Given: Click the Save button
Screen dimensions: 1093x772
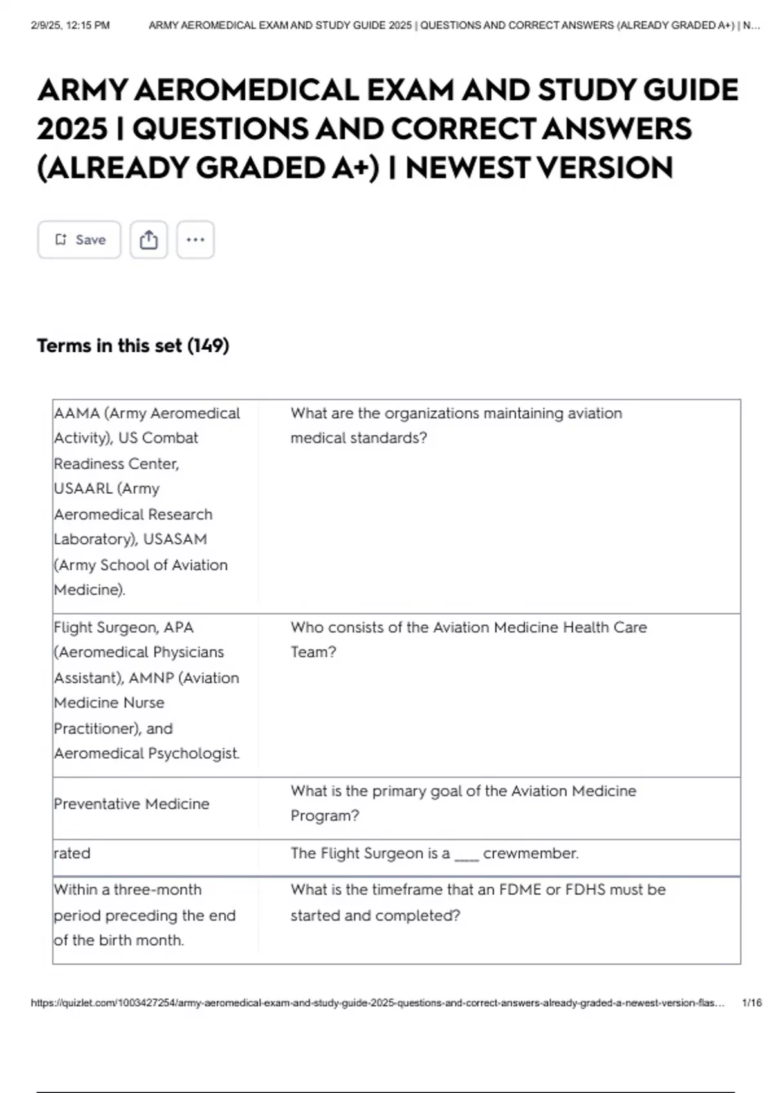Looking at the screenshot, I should (79, 240).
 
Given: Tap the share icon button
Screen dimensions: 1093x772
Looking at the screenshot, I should (149, 240).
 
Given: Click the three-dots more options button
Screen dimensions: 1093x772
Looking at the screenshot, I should (195, 240).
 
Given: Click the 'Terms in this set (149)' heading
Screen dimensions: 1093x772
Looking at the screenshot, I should (133, 346).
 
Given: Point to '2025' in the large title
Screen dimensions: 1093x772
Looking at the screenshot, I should (71, 129).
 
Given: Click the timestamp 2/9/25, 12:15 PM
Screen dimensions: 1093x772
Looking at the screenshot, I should (70, 26).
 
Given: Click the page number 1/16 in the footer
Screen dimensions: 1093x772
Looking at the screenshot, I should (751, 1003).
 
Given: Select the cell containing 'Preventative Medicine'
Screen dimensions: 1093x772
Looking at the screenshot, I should (132, 804).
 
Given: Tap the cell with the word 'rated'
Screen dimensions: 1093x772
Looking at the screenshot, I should (72, 854).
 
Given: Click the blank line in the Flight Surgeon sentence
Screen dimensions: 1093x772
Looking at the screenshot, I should (466, 855).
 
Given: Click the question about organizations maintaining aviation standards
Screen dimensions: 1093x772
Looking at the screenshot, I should (455, 426).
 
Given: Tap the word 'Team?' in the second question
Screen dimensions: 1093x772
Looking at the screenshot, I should (313, 653).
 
